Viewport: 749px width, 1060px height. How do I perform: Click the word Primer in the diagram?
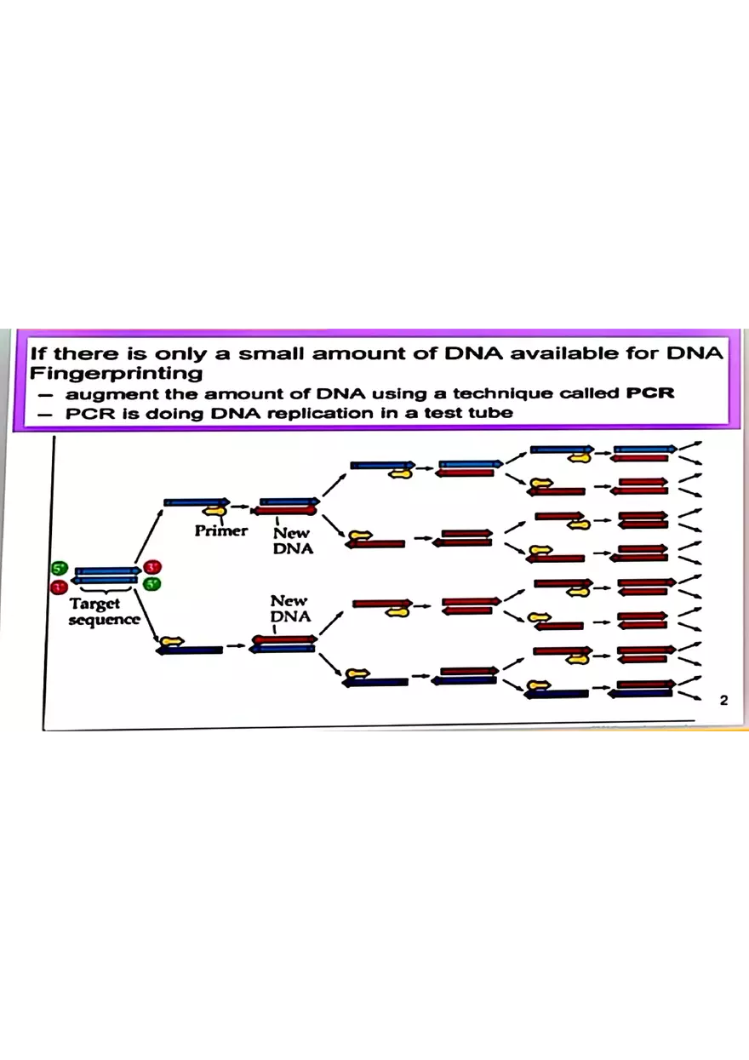point(220,530)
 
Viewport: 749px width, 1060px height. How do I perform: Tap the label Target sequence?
point(104,611)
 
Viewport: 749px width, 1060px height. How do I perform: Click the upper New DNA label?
point(293,541)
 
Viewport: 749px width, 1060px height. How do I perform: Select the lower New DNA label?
point(289,609)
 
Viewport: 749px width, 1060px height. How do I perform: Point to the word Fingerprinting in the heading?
point(117,373)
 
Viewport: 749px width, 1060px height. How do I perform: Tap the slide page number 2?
point(723,701)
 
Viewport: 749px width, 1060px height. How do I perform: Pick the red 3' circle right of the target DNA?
point(152,567)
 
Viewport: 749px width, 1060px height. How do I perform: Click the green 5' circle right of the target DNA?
point(152,583)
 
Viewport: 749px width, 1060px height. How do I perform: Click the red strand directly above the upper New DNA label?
point(284,511)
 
